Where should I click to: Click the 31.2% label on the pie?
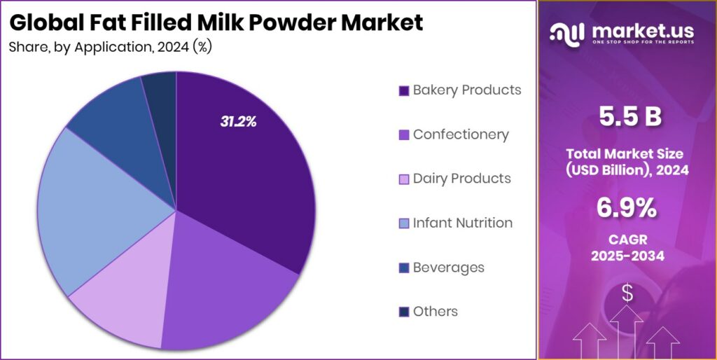point(238,121)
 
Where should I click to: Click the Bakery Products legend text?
point(466,90)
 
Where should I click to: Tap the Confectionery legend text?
point(461,134)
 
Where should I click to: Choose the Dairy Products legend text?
point(461,179)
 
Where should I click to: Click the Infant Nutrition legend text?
point(462,223)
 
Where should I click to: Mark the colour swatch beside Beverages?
point(403,268)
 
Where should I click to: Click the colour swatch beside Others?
point(403,312)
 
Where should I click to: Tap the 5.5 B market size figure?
point(626,117)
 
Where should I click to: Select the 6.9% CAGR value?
point(627,207)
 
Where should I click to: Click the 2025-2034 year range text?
point(627,256)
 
